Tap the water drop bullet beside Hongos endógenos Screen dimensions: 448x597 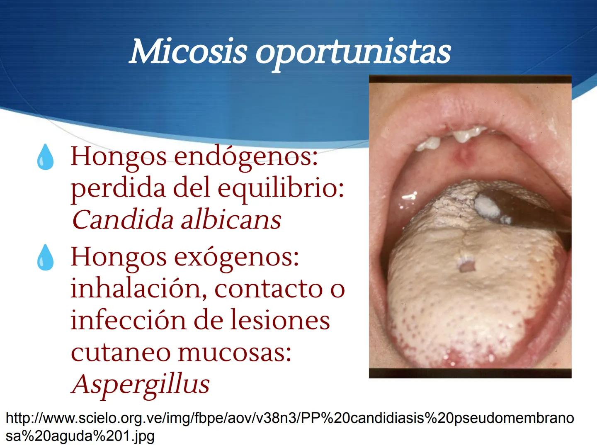coord(45,158)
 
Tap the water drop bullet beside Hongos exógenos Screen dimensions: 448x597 coord(45,258)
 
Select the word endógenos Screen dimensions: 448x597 coord(246,157)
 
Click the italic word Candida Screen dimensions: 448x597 coord(123,219)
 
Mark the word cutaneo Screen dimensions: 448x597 coord(120,353)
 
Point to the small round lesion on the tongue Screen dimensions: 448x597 coord(466,264)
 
